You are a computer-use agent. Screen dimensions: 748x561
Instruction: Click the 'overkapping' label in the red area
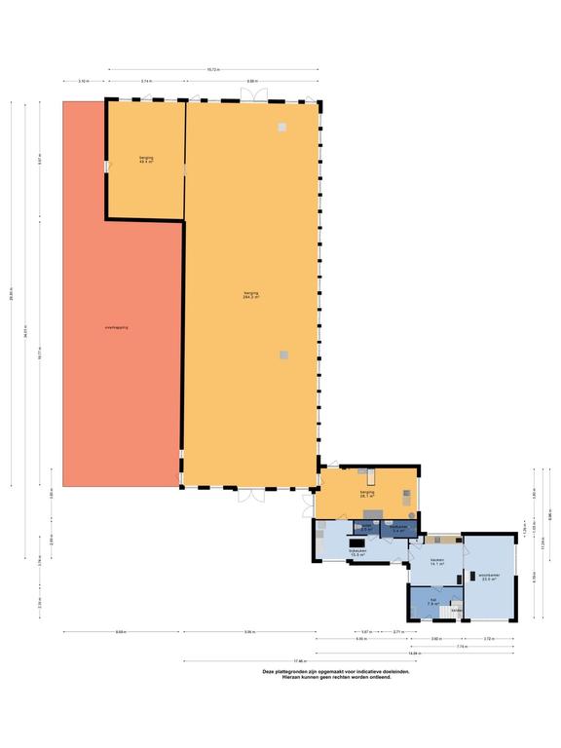pos(117,327)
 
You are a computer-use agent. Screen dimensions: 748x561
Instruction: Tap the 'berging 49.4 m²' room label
pos(146,160)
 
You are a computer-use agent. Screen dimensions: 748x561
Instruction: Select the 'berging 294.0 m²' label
pos(250,295)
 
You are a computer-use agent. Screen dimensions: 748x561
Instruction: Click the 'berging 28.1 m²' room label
pos(367,495)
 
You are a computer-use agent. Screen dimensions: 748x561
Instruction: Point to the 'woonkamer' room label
pos(489,577)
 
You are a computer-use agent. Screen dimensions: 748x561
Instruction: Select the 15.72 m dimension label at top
pos(213,69)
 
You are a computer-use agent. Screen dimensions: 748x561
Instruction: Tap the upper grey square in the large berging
pos(281,128)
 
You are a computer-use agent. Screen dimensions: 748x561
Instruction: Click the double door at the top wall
pos(250,94)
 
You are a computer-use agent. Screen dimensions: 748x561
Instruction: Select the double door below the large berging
pos(250,494)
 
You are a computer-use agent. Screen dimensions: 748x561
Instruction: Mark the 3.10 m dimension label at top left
pos(84,81)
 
